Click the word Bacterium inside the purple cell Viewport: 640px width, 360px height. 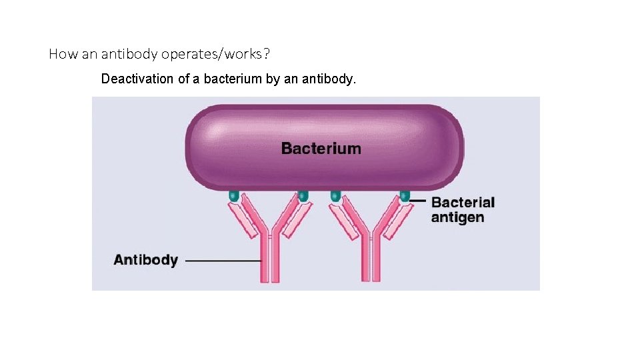tap(321, 148)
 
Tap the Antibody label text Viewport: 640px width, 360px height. tap(145, 260)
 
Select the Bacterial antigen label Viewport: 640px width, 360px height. tap(463, 209)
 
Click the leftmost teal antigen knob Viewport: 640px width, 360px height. tap(233, 196)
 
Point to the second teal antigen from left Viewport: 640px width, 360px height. tap(303, 196)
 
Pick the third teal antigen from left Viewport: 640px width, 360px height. tap(335, 196)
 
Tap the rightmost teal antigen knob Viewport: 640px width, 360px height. tap(404, 196)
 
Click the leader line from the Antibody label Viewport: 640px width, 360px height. tap(223, 261)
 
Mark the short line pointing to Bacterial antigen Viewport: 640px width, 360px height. tap(419, 200)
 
